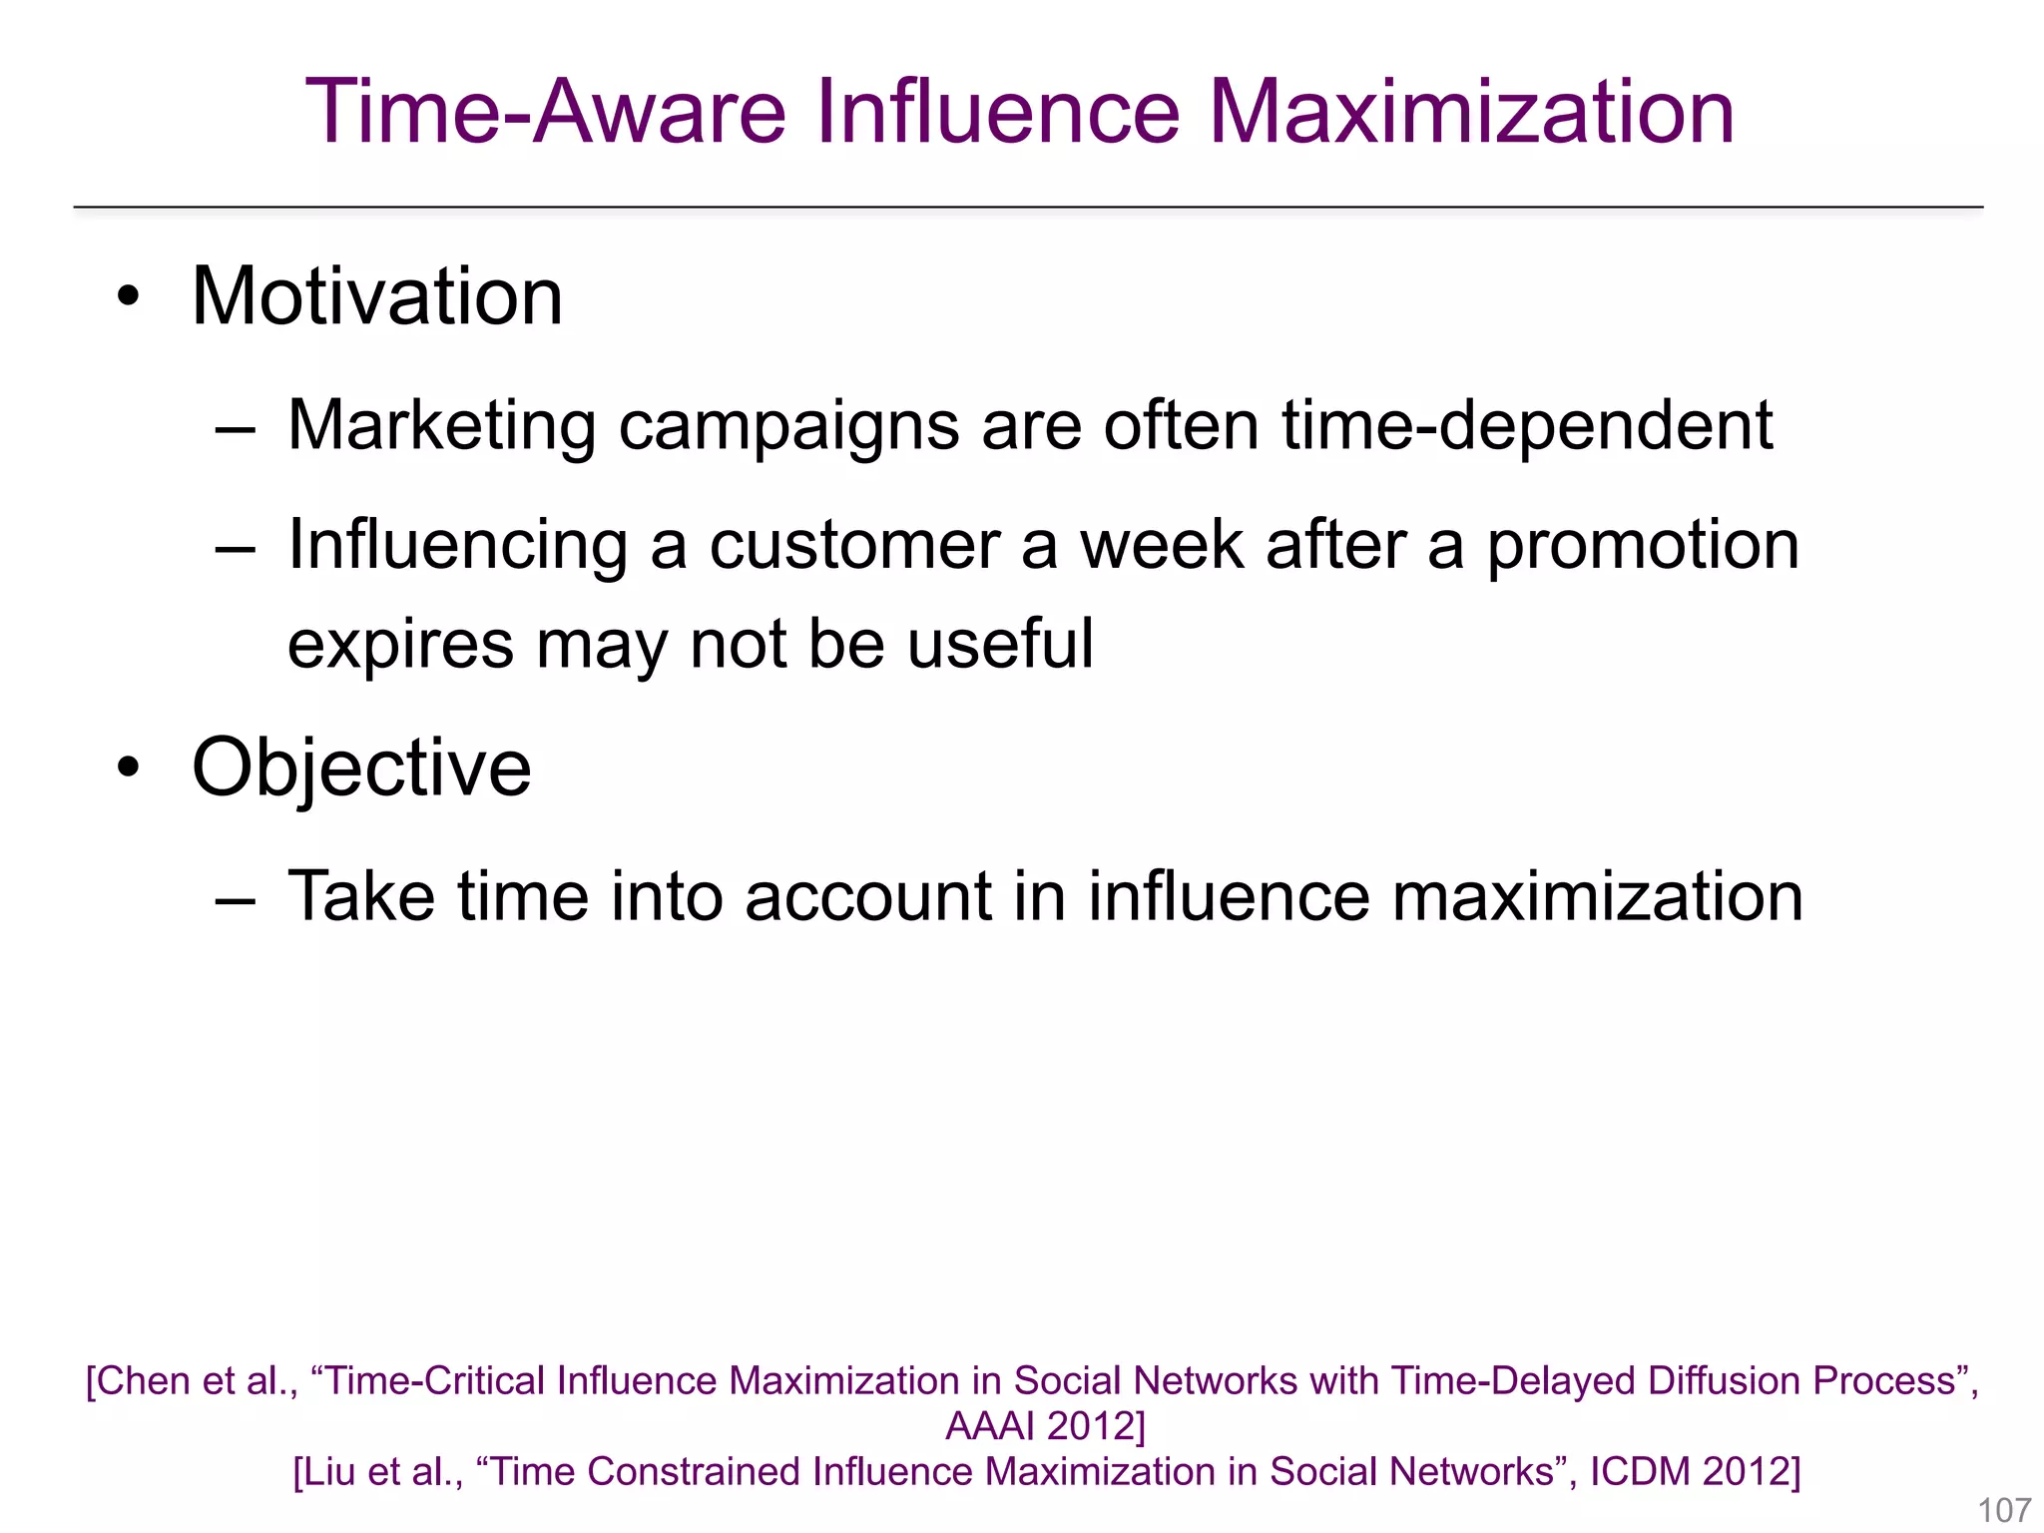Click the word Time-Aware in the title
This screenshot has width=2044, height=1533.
[546, 112]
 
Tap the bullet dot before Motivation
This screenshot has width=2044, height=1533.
[128, 296]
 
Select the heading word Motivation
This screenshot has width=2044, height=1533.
[377, 296]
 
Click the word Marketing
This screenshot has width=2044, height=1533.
[441, 426]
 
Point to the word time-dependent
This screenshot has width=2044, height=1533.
[1527, 426]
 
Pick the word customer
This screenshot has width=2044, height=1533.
[854, 546]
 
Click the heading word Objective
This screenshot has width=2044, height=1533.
[361, 767]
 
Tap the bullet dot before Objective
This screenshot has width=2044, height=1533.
[128, 767]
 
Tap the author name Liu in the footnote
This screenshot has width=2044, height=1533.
[330, 1472]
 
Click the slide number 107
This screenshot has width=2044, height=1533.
[2003, 1510]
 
